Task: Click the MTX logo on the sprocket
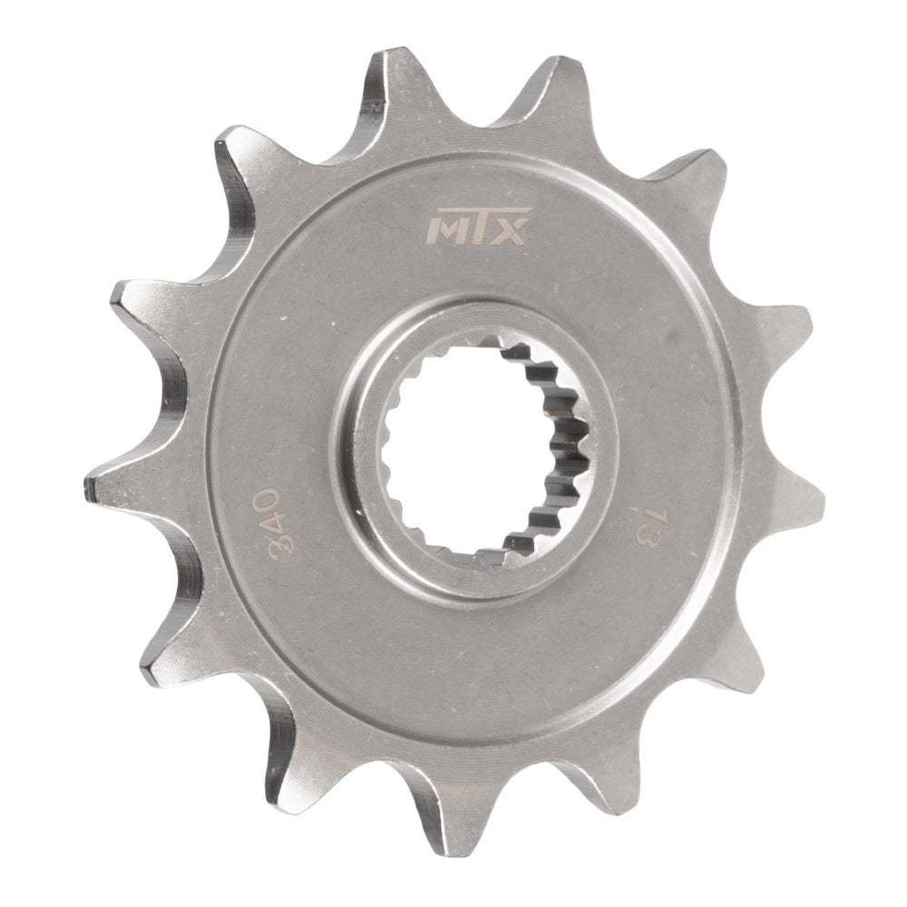(475, 232)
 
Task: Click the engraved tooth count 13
(650, 527)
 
